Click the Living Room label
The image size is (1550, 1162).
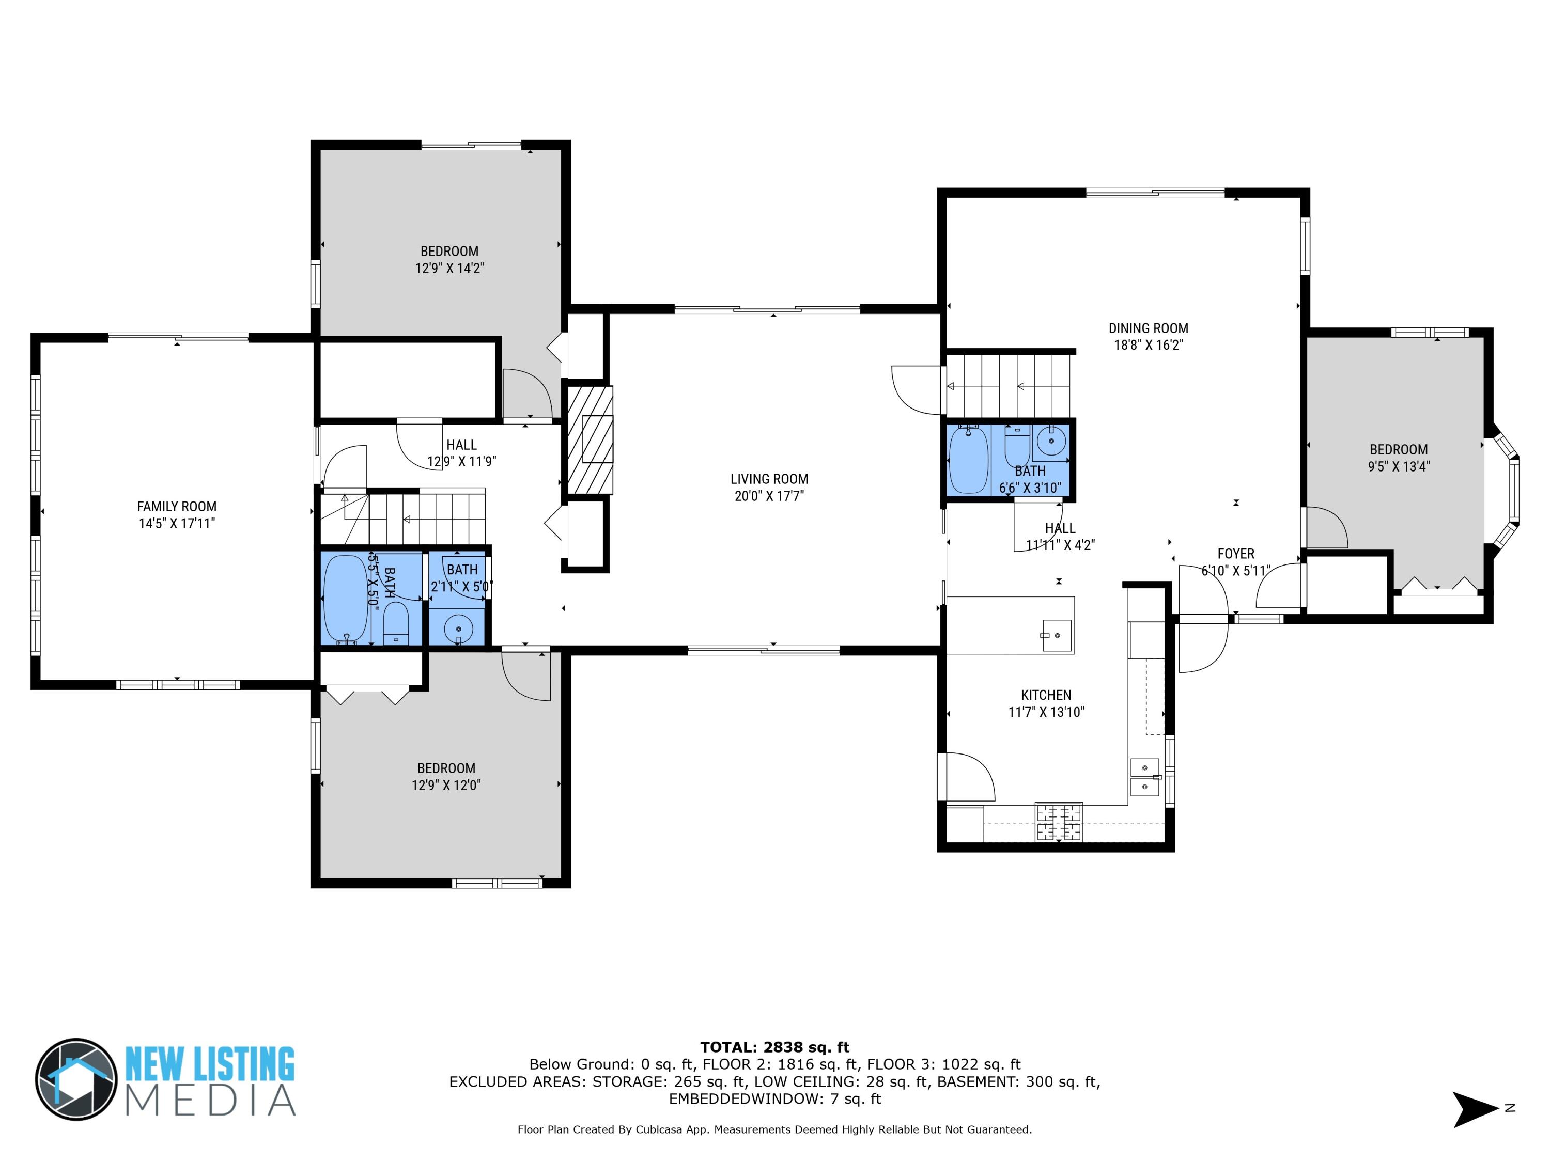(769, 479)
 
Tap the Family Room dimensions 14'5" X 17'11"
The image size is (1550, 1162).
(177, 523)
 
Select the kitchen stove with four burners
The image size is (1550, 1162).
(1058, 822)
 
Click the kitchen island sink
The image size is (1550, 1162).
(1057, 635)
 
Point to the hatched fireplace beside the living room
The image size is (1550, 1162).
(588, 441)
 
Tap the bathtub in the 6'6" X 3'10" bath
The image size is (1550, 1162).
(968, 460)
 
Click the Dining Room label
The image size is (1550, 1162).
(1148, 328)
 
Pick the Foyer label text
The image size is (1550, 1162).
(1235, 553)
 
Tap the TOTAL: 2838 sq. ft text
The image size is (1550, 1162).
(774, 1047)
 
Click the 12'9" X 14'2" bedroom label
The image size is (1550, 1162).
(449, 259)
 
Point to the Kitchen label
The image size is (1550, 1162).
(1046, 695)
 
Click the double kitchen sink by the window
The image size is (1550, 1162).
(1144, 777)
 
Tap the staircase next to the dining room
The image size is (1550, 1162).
(1009, 385)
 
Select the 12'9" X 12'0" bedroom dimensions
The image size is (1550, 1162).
(446, 785)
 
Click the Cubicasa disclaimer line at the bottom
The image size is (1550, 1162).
(774, 1129)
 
